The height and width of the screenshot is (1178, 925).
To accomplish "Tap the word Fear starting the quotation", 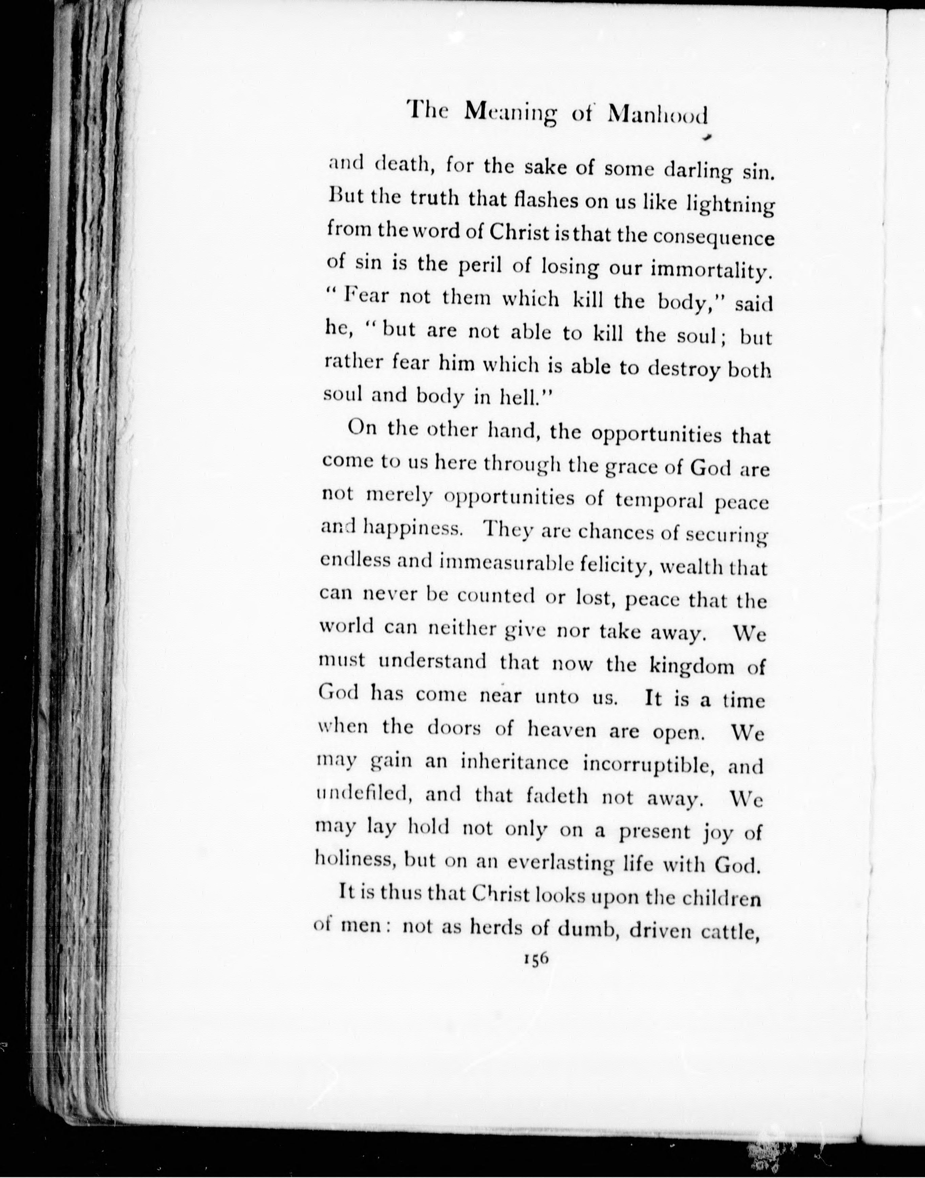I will (367, 298).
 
